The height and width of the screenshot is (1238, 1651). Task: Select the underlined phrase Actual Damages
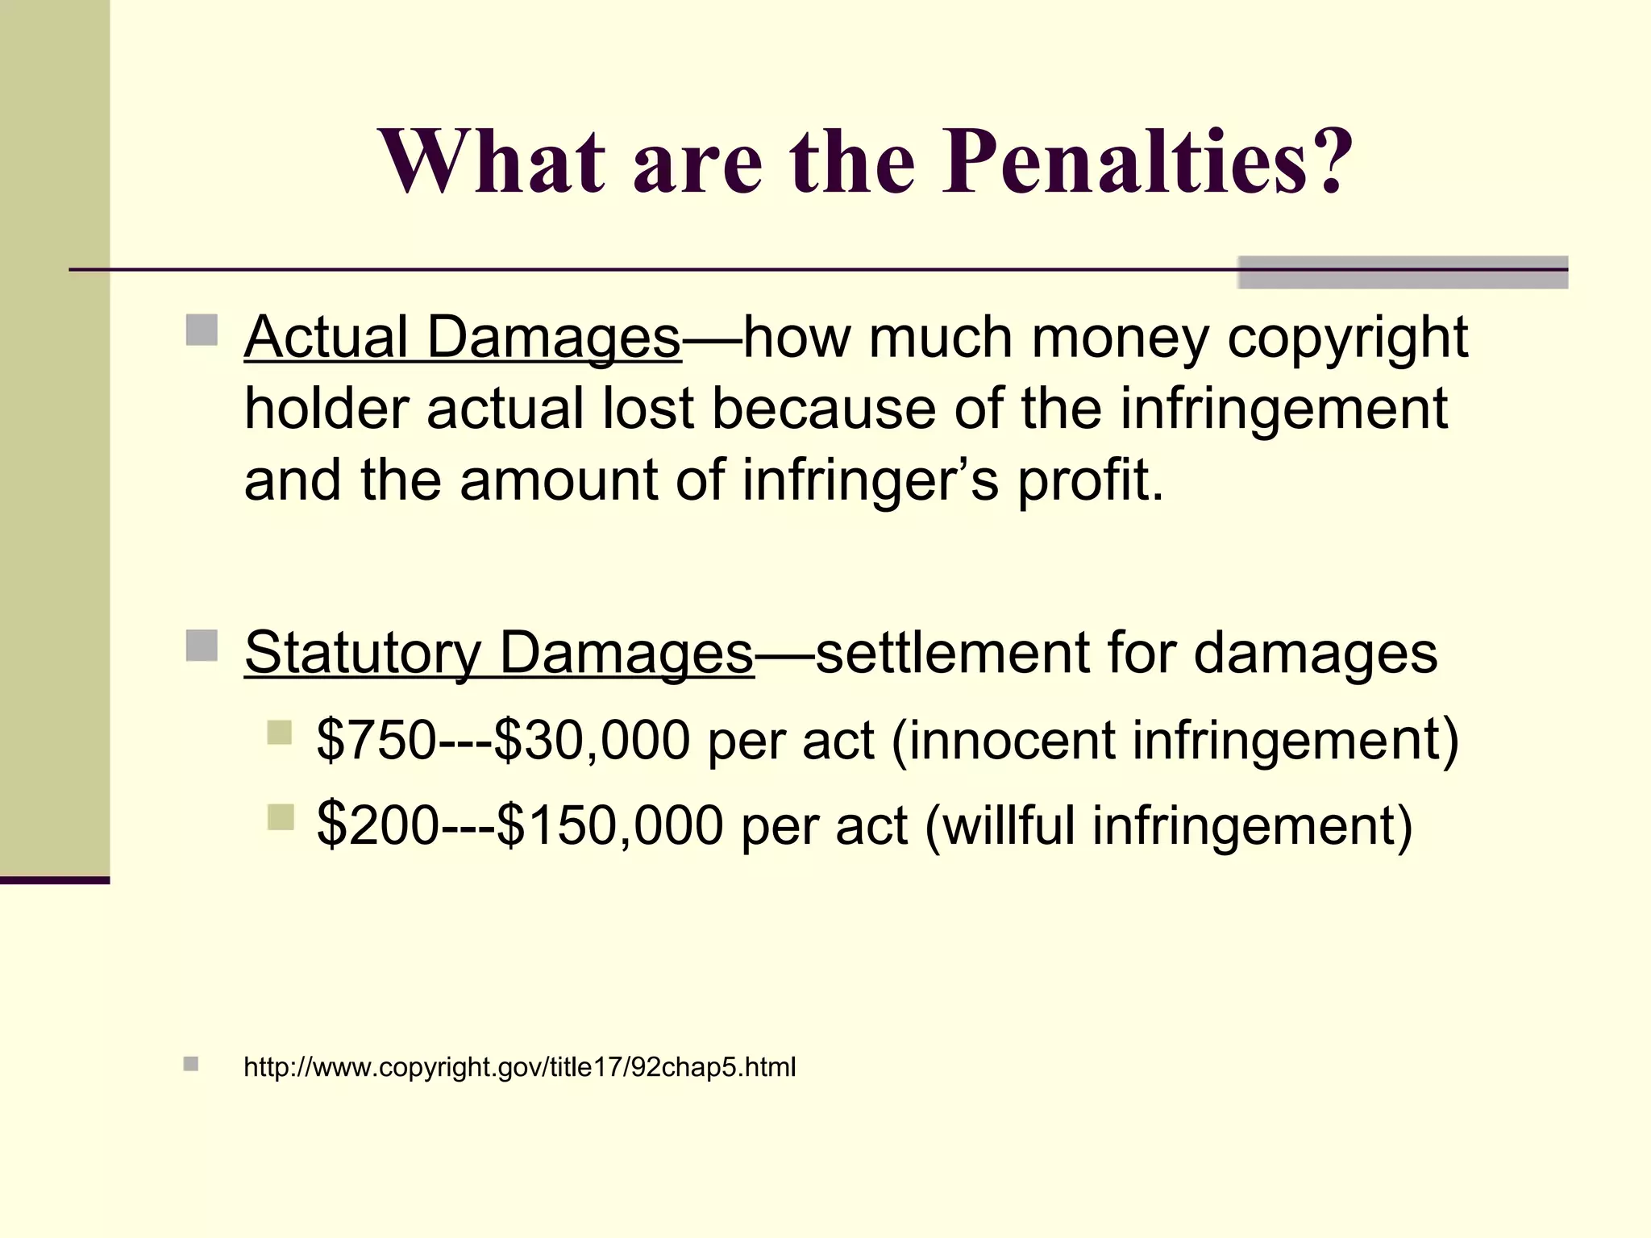(463, 337)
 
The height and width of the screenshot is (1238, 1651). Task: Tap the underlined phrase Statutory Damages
(499, 652)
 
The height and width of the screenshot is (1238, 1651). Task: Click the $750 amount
(376, 740)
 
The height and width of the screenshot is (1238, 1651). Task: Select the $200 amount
(377, 825)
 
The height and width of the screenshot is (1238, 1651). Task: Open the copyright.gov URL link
(520, 1067)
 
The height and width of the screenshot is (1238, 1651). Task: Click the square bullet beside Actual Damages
(202, 330)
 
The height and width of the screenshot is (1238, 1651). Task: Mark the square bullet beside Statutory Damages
(202, 646)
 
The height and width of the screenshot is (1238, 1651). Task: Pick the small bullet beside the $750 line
(280, 733)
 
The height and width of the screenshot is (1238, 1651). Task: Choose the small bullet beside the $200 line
(280, 817)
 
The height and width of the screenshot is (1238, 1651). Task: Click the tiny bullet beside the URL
(191, 1064)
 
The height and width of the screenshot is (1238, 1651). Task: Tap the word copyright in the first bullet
(1347, 337)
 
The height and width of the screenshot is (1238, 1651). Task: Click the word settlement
(952, 652)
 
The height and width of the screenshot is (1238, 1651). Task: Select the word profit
(1090, 480)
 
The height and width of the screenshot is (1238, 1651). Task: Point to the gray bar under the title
(1403, 272)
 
